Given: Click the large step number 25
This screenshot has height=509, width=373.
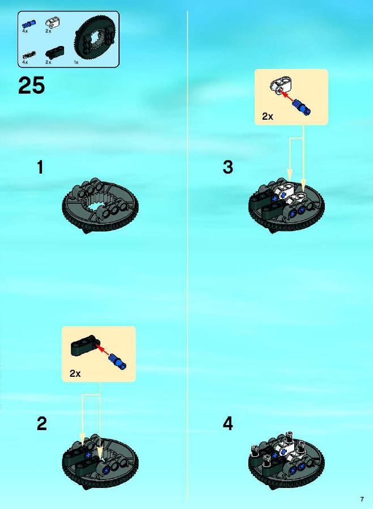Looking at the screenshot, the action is pyautogui.click(x=32, y=86).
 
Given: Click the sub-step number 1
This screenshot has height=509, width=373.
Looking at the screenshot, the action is pyautogui.click(x=40, y=167).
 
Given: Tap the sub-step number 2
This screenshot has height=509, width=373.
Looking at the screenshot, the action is pyautogui.click(x=42, y=424).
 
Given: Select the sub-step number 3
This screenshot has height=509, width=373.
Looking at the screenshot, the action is pyautogui.click(x=228, y=167).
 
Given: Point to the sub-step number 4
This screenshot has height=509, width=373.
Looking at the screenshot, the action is pyautogui.click(x=228, y=424).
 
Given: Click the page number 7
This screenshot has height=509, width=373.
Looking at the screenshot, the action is pyautogui.click(x=362, y=499).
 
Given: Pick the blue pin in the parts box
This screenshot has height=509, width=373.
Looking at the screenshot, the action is pyautogui.click(x=29, y=24).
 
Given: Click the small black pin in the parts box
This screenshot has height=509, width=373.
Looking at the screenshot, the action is pyautogui.click(x=29, y=55).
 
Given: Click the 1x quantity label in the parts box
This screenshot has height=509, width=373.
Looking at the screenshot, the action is pyautogui.click(x=76, y=62).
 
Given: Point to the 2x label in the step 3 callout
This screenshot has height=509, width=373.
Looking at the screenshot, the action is pyautogui.click(x=268, y=116).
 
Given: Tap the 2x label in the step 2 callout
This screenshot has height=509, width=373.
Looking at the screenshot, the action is pyautogui.click(x=75, y=373).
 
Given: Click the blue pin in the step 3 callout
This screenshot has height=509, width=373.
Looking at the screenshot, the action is pyautogui.click(x=302, y=107).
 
